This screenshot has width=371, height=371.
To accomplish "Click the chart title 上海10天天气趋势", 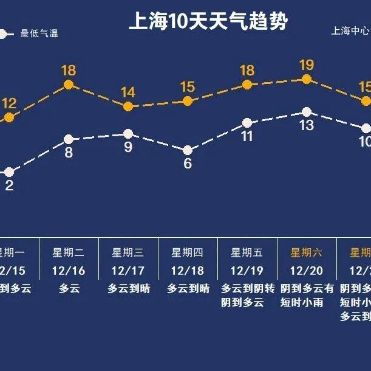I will (208, 22).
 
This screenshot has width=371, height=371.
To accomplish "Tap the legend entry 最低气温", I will (39, 34).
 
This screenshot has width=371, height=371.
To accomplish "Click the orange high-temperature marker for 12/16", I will (69, 85).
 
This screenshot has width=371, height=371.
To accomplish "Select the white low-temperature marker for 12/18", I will (188, 150).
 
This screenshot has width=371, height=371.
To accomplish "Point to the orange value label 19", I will (306, 64).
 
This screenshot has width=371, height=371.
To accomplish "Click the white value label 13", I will (306, 126).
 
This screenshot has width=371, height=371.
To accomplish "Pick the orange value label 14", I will (128, 92).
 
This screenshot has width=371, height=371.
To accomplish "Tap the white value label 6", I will (188, 164).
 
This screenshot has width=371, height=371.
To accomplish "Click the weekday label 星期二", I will (69, 252).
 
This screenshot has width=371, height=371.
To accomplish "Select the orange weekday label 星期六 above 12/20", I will (306, 252).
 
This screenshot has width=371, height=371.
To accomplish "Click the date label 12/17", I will (128, 270).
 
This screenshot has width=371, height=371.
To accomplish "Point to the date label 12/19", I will (247, 270).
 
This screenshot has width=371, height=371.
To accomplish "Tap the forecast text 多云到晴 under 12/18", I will (188, 288).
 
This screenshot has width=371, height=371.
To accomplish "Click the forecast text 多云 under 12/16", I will (69, 288).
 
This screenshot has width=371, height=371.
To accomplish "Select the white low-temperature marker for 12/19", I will (247, 123).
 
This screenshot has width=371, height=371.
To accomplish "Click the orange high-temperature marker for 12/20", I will (306, 79).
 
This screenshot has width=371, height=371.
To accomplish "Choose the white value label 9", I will (128, 147).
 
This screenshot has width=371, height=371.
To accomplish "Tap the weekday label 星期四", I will (188, 252).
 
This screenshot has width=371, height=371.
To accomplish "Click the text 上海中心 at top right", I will (350, 31).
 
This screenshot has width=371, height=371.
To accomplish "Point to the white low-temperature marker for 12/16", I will (69, 139).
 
